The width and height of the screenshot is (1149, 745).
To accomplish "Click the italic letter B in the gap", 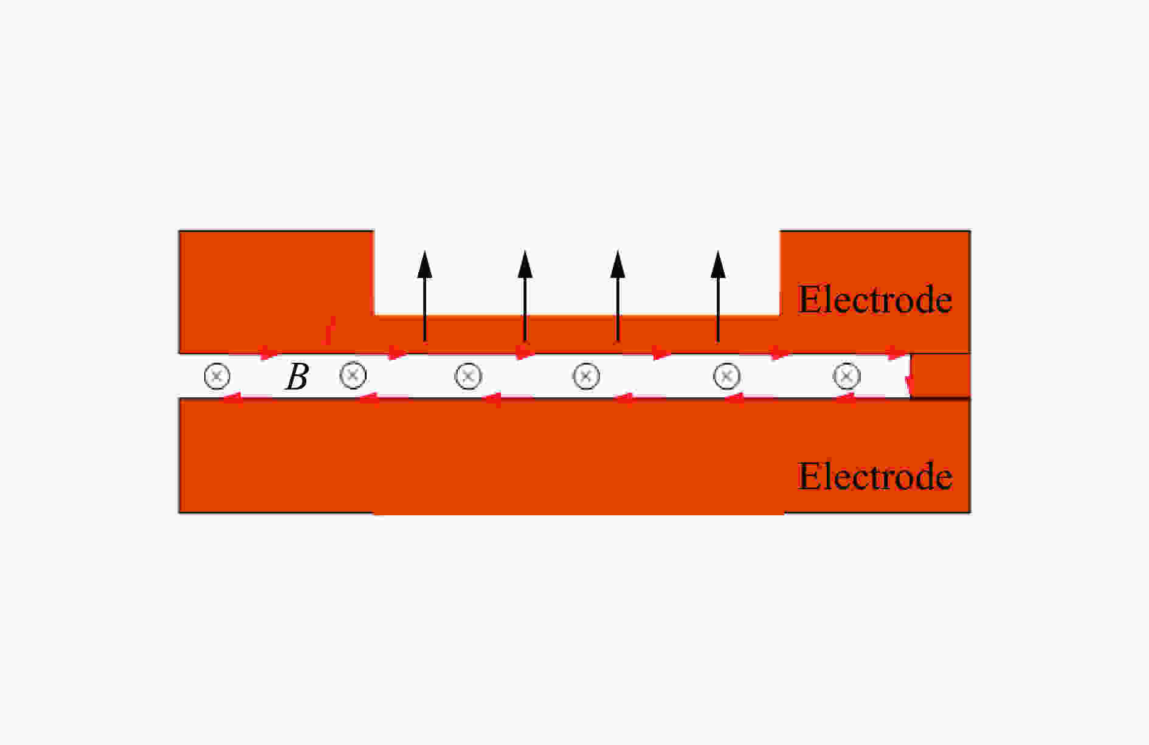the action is coord(297,377).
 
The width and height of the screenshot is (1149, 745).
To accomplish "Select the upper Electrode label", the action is coord(875,299).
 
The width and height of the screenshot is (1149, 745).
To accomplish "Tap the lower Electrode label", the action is coord(875,476).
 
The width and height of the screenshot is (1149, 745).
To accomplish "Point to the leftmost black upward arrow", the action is coord(424,296).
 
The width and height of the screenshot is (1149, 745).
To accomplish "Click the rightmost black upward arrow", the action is coord(718,296).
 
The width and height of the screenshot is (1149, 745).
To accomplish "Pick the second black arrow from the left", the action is coord(525,296).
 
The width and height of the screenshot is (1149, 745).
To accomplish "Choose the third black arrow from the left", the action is coord(618,296).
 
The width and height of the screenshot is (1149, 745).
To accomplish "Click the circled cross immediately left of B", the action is coord(217,376).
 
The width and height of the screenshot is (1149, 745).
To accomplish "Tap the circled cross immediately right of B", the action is coord(353,375).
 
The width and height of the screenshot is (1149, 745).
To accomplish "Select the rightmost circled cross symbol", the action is coord(846,376).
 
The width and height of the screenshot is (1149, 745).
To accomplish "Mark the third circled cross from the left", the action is coord(468,376).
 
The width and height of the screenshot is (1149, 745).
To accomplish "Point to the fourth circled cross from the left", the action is coord(586,376).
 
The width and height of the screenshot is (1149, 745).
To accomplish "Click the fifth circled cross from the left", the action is coord(726,376).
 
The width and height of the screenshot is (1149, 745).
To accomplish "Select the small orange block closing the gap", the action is coord(940,376).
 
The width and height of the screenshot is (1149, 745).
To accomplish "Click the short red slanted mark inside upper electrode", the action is coord(330,330).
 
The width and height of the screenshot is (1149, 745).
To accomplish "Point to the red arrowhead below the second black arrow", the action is coord(524,353).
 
